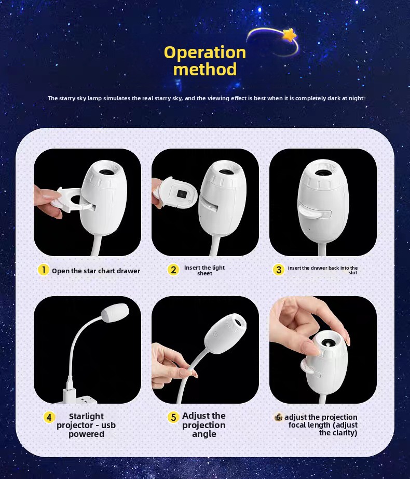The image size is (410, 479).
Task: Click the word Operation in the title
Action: click(x=205, y=52)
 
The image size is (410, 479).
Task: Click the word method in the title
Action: click(x=205, y=69)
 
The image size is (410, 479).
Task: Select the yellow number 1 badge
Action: click(x=43, y=270)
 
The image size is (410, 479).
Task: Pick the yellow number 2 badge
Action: click(x=173, y=270)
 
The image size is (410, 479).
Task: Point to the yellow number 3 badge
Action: click(x=279, y=270)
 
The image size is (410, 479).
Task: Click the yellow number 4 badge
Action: click(x=49, y=417)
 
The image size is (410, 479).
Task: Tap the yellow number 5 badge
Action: click(x=173, y=417)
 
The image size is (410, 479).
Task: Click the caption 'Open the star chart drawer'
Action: click(x=96, y=271)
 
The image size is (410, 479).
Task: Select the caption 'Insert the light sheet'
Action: click(x=204, y=270)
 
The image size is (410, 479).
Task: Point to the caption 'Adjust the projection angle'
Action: click(x=204, y=425)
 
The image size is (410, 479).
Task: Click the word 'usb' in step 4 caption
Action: click(x=108, y=425)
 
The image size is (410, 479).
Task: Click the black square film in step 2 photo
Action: click(x=181, y=194)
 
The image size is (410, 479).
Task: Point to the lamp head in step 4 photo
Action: click(x=115, y=313)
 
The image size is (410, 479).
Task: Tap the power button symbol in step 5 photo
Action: click(x=216, y=335)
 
